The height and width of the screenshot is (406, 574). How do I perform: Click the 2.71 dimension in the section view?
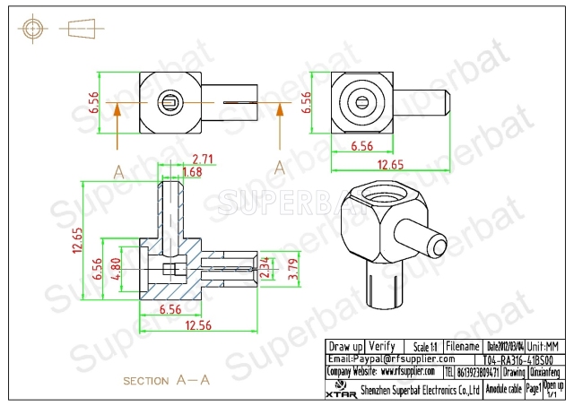tap(203, 159)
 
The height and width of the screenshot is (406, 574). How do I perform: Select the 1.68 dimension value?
tap(192, 172)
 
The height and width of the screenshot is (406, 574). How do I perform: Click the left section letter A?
tap(118, 168)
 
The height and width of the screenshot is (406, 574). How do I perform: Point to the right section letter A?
tap(280, 167)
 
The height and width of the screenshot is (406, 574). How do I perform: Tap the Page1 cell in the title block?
tap(533, 389)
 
